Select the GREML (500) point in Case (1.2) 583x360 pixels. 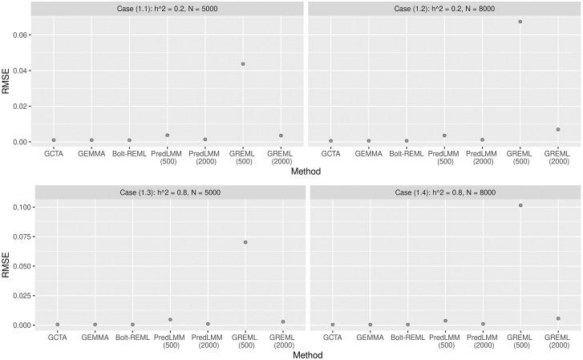(x=520, y=22)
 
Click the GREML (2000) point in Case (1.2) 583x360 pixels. (x=557, y=129)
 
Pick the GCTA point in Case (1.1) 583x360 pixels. (x=54, y=140)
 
